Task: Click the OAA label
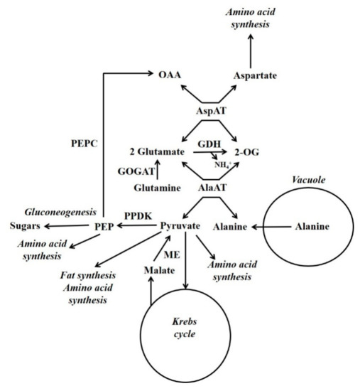point(173,74)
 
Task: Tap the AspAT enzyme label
point(212,112)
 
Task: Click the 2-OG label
point(253,152)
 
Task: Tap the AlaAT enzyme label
point(212,188)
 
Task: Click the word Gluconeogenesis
point(55,213)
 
